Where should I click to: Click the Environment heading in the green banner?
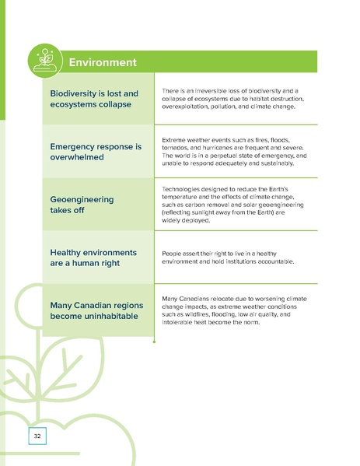[103, 62]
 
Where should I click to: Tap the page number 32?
[37, 436]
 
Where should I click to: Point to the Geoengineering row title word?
[82, 199]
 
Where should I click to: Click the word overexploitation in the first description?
[189, 107]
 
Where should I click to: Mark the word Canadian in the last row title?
[104, 304]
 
